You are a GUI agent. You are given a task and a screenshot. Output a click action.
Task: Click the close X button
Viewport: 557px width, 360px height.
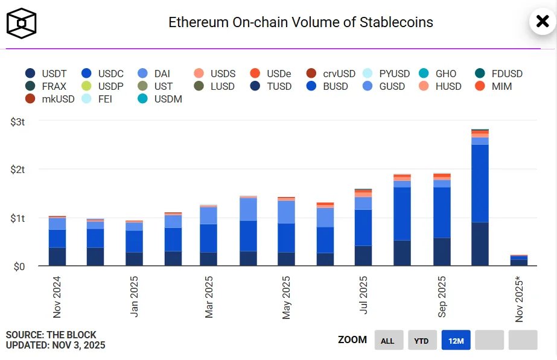pyautogui.click(x=543, y=22)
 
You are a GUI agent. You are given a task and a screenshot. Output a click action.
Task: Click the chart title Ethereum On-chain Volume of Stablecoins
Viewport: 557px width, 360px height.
pyautogui.click(x=301, y=22)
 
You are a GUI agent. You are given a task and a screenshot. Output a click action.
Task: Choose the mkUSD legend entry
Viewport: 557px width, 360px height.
pyautogui.click(x=50, y=99)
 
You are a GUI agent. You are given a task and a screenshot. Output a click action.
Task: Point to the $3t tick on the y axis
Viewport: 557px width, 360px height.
pyautogui.click(x=18, y=122)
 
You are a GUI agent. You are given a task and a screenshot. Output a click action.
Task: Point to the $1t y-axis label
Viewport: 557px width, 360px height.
pyautogui.click(x=18, y=218)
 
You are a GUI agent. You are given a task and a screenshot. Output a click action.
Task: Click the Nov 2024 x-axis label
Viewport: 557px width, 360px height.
pyautogui.click(x=57, y=297)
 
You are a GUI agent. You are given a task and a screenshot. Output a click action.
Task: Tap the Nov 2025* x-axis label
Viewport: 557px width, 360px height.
pyautogui.click(x=519, y=299)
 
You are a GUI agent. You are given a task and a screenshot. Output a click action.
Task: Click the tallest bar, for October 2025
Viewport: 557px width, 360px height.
pyautogui.click(x=480, y=199)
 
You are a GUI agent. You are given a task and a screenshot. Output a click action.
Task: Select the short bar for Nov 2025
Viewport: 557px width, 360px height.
pyautogui.click(x=518, y=261)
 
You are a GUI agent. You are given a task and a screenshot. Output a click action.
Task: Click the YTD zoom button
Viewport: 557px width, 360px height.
pyautogui.click(x=422, y=341)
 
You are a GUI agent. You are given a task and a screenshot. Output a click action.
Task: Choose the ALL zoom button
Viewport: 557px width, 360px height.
pyautogui.click(x=387, y=341)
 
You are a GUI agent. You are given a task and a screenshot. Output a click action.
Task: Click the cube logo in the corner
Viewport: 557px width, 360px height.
pyautogui.click(x=22, y=23)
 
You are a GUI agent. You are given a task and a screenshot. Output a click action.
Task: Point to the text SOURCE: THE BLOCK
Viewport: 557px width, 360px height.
pyautogui.click(x=51, y=335)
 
